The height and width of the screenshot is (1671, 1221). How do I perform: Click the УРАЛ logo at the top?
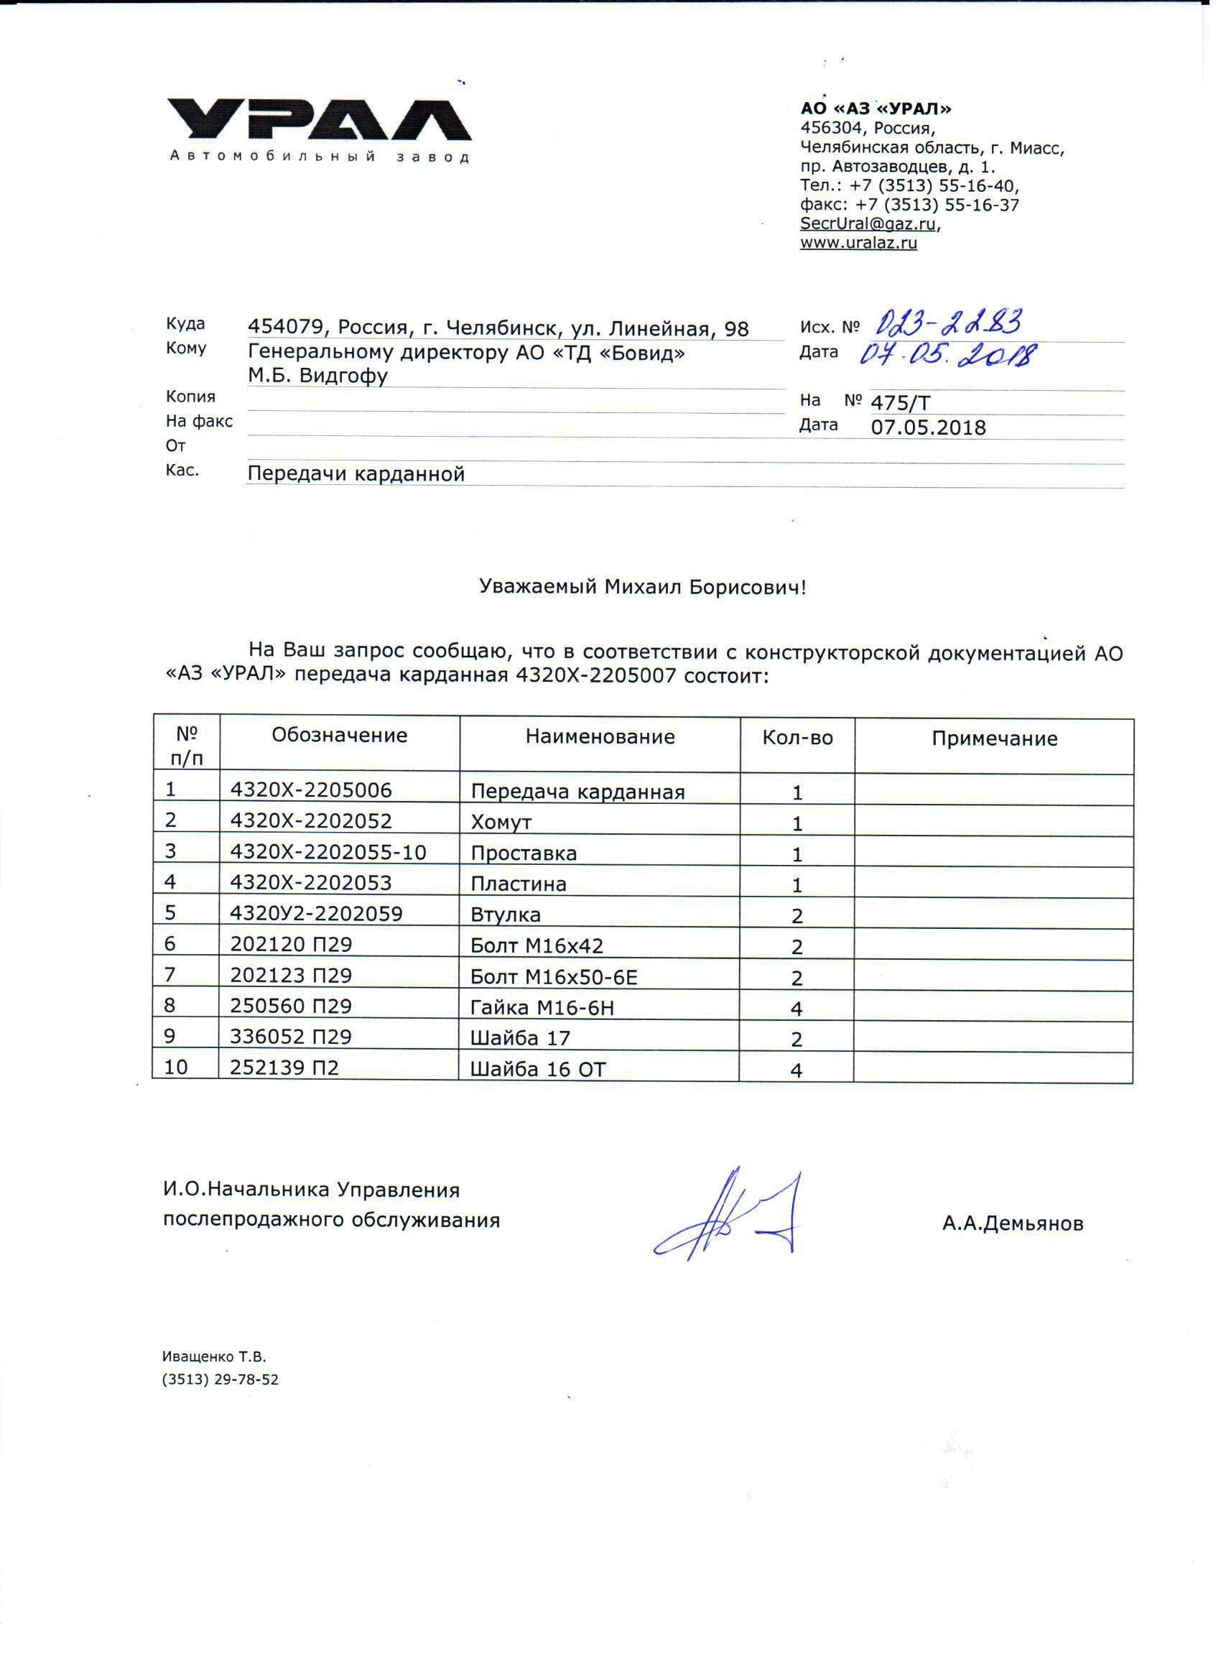(317, 122)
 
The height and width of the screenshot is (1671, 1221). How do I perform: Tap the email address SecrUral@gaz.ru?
(869, 223)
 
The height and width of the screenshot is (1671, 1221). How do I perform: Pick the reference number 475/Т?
(901, 403)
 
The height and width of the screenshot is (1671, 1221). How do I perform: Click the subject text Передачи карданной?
(356, 473)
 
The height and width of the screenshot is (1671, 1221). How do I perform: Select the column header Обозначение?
(339, 736)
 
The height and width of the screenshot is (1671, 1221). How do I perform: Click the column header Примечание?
(994, 739)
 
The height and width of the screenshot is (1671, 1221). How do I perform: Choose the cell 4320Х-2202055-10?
(328, 852)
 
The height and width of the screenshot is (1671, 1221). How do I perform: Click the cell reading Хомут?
(501, 822)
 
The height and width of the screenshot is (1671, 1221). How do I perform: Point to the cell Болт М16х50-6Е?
(554, 978)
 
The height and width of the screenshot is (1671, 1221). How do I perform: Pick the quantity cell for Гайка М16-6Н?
(797, 1009)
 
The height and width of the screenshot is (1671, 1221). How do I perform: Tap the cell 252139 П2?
(284, 1068)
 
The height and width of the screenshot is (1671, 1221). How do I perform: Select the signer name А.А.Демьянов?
(1013, 1224)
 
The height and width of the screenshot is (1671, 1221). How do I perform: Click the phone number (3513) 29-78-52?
(220, 1380)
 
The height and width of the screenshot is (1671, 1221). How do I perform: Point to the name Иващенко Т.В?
(213, 1357)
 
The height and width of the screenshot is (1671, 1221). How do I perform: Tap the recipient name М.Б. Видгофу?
(317, 376)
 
